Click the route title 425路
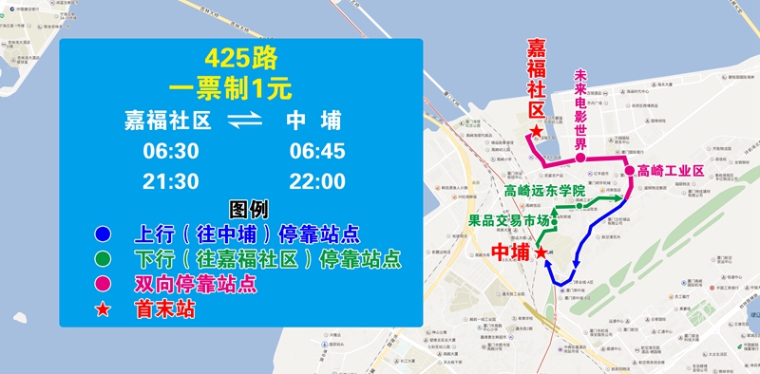coord(240,59)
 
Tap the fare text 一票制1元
coord(240,89)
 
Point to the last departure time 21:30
coord(171,181)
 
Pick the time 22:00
coord(317,181)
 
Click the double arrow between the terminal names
coord(244,122)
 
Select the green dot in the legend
coord(103,258)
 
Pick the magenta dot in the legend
coord(103,283)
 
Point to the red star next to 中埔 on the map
coord(541,253)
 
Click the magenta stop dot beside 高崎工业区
coord(629,171)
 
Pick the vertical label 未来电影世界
coord(581,109)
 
